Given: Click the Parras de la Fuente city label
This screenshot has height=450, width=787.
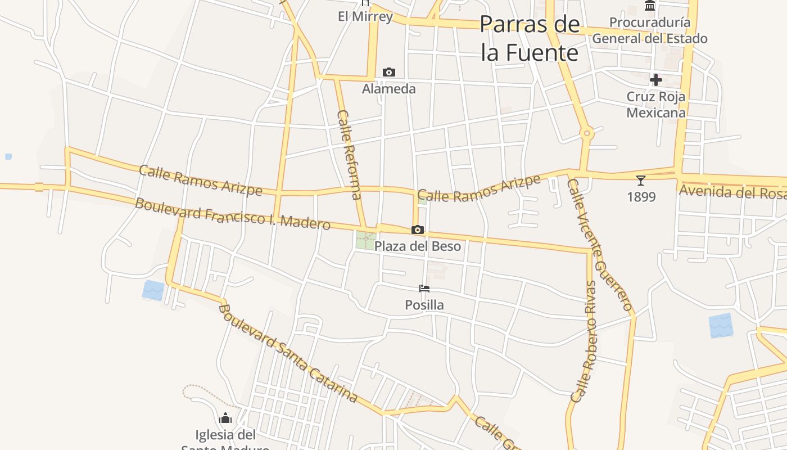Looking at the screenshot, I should point(530,38).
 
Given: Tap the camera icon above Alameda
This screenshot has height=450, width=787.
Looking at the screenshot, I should point(388,73).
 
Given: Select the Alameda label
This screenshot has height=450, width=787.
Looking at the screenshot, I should point(388,89).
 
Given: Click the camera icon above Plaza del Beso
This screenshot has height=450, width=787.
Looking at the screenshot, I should point(417,229).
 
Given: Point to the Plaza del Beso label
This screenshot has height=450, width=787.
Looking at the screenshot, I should point(417,246).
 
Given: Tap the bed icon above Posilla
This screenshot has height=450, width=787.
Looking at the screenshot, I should point(424,289).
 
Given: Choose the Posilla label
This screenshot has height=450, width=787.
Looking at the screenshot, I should point(424,305).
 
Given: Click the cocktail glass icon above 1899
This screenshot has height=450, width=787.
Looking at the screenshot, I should point(641,181).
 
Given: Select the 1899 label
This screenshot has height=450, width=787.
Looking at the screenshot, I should point(641,197).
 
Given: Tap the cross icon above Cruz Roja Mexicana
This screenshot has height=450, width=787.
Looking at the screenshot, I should point(655,80).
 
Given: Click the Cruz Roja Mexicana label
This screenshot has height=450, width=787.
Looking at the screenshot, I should point(656,105).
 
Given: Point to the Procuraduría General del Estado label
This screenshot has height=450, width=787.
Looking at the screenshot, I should point(650,30).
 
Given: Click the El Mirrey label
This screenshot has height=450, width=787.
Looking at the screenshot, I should point(365,16).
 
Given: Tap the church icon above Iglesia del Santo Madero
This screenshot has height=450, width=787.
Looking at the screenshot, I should point(225,418).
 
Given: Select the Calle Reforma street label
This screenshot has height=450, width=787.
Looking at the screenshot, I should point(349,155).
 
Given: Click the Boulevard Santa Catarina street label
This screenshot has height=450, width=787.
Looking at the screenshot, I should point(288,353).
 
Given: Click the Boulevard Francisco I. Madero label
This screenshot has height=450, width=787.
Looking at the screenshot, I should point(232,213).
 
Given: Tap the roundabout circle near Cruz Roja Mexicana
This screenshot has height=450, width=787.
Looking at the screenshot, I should point(587,133).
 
